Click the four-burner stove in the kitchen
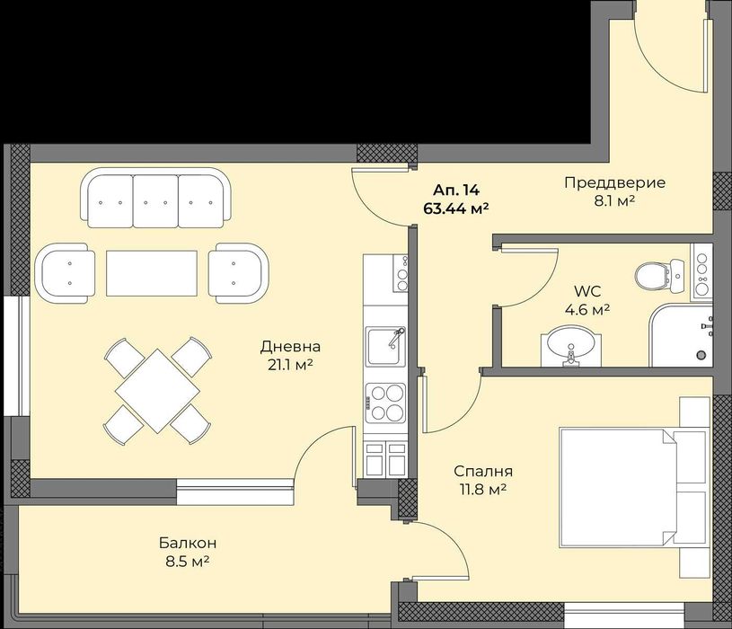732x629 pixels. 385,402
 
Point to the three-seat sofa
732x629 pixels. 152,198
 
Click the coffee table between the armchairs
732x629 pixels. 152,272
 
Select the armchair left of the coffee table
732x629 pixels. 66,272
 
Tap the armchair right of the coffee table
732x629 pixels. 237,271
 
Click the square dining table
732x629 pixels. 157,391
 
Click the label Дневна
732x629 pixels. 290,346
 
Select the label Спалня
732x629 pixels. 482,471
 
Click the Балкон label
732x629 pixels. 188,543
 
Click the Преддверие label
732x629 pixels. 614,182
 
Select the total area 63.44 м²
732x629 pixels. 455,208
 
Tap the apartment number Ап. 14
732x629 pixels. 456,190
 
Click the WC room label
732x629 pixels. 587,290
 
